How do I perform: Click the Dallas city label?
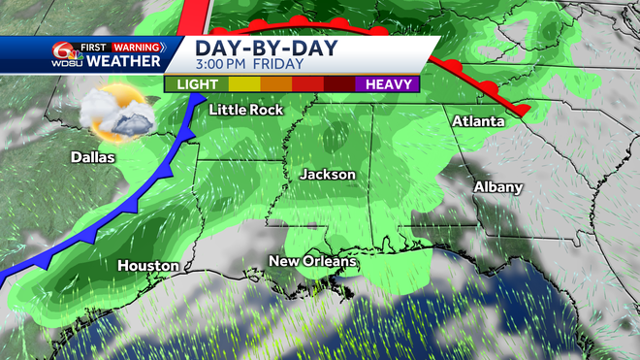(x=92, y=157)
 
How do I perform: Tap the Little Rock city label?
(x=247, y=110)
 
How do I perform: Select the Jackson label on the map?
(x=327, y=175)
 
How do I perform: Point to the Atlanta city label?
(x=478, y=121)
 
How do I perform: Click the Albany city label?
(x=498, y=186)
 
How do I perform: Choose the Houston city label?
(x=147, y=265)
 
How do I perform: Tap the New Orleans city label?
(x=313, y=261)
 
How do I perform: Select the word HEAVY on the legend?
(x=386, y=83)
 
